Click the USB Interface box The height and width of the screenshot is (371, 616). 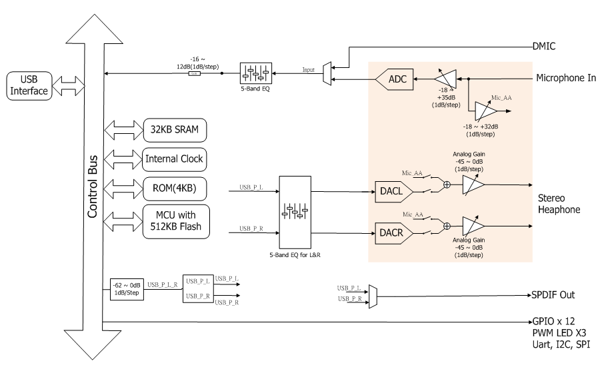point(29,85)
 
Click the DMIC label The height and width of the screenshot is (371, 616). point(545,47)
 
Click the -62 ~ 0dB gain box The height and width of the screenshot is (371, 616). point(126,290)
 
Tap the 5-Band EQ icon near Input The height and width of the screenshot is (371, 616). point(255,72)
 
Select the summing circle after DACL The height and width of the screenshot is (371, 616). point(447,185)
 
